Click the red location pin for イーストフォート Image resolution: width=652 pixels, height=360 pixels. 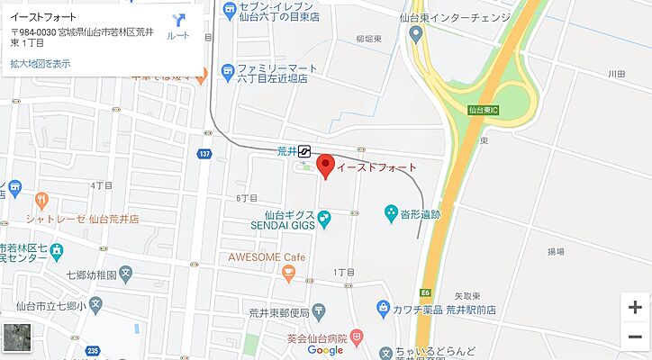tap(325, 166)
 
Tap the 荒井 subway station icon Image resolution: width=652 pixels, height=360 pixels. tap(305, 152)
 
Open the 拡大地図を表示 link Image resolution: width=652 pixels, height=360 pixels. tap(40, 64)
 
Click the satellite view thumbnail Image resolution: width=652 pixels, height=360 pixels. tap(17, 337)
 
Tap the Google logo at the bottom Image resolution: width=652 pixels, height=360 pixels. tap(324, 350)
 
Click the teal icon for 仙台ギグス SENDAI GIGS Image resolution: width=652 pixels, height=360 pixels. tap(324, 216)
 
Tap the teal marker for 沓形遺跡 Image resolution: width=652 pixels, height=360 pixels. tap(391, 213)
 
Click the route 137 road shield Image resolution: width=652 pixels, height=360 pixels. tap(205, 155)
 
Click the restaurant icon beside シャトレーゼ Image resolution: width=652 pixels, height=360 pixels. tap(40, 199)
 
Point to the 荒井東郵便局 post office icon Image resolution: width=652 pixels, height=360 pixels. tap(319, 311)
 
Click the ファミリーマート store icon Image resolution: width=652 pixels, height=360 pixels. tap(228, 70)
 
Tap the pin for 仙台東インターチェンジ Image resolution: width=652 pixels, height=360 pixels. tap(415, 34)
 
